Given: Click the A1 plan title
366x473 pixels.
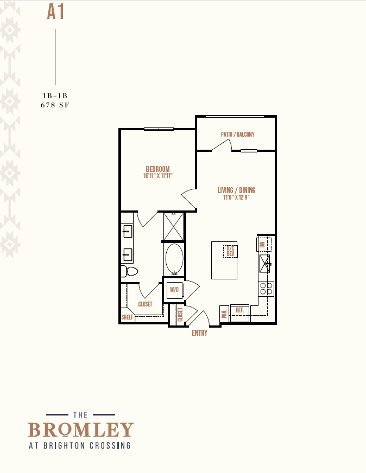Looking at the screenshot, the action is (x=55, y=12).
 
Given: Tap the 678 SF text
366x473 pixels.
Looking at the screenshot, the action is (x=55, y=105).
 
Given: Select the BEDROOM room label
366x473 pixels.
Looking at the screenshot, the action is (x=157, y=169).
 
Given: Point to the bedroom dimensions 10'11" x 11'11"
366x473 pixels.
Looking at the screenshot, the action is (x=157, y=176).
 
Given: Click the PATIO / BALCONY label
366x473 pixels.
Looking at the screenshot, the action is (x=238, y=134).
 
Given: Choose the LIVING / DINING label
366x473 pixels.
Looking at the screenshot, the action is (x=236, y=190).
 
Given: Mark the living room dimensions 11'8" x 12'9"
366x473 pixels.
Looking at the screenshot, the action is (x=236, y=197).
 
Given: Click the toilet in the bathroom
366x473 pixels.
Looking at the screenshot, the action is (x=129, y=271).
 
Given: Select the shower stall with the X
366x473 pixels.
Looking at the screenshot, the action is (x=174, y=226).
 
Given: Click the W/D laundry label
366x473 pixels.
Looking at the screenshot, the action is (x=174, y=290).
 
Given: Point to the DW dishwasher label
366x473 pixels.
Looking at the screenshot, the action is (x=262, y=244).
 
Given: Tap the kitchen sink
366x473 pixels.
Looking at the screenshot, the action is (x=265, y=263).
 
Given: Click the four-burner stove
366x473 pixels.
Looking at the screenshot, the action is (x=266, y=289).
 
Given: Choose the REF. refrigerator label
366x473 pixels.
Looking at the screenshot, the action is (x=240, y=310).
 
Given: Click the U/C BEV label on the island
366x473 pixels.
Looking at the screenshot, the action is (x=230, y=251).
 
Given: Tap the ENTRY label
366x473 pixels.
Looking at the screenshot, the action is (x=200, y=333).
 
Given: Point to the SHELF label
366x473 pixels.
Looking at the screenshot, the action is (x=127, y=317).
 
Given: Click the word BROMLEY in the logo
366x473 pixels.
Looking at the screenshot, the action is (x=81, y=429).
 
